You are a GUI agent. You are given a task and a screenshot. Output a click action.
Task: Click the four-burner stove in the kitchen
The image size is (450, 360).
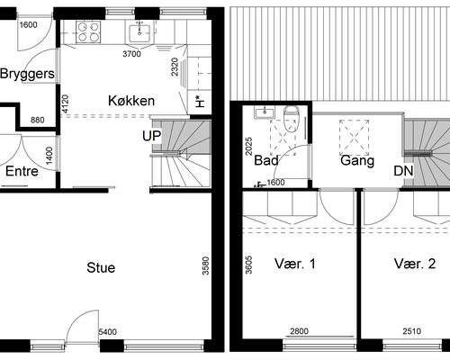coord(88,32)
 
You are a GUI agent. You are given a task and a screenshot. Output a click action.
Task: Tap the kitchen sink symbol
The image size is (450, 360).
coord(139,32)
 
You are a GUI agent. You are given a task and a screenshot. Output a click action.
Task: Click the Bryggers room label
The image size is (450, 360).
coord(27,74)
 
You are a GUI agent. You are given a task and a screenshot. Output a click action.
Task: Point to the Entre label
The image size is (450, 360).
coord(22,171)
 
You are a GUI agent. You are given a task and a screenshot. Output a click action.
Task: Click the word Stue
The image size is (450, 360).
coord(101,267)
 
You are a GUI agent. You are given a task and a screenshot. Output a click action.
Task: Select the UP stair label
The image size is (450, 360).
coord(150,136)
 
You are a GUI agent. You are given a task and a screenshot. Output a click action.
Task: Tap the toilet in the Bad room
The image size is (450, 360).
coord(291,116)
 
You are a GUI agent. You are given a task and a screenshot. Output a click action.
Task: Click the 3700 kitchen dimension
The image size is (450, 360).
coord(132,54)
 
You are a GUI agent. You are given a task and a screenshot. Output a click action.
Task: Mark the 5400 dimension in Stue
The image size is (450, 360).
coord(107,333)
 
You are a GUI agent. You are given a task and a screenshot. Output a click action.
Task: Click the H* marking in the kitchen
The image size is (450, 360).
coord(198,102)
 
